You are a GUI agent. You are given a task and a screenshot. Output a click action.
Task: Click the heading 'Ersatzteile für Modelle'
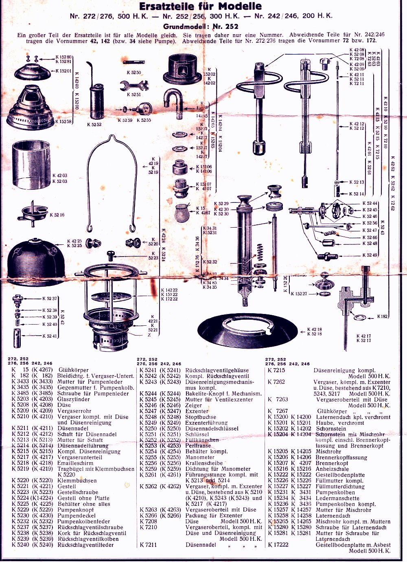[x=201, y=6]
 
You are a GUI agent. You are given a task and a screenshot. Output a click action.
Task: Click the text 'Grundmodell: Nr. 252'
[x=201, y=26]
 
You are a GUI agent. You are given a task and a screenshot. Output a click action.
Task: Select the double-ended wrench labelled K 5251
[x=134, y=86]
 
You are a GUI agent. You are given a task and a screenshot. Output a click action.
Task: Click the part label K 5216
[x=57, y=215]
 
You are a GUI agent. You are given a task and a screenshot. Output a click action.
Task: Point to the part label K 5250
[x=134, y=72]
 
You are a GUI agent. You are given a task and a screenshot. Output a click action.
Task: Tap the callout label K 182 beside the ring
[x=383, y=316]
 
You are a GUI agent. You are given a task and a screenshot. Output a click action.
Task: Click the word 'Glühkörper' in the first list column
[x=73, y=370]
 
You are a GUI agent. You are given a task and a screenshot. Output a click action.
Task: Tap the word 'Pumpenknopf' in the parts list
[x=75, y=509]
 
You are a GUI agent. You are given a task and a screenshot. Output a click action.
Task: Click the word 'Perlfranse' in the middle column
[x=199, y=446]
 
